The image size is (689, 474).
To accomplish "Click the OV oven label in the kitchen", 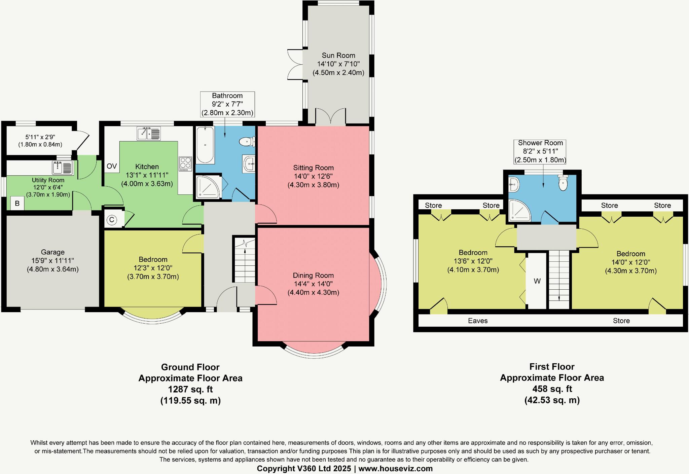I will pyautogui.click(x=112, y=166).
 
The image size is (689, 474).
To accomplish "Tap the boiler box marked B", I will pyautogui.click(x=17, y=204).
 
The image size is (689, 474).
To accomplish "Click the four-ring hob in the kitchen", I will pyautogui.click(x=185, y=164).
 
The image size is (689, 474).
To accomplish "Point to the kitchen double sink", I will pyautogui.click(x=149, y=133).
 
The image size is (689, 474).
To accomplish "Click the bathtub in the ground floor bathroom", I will pyautogui.click(x=205, y=145).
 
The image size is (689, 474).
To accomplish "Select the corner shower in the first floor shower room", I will pyautogui.click(x=518, y=211).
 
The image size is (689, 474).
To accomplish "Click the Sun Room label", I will pyautogui.click(x=338, y=56).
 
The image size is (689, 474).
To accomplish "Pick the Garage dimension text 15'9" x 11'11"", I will pyautogui.click(x=52, y=261).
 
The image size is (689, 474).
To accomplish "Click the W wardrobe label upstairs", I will pyautogui.click(x=537, y=281).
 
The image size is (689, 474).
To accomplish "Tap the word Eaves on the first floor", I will pyautogui.click(x=478, y=321).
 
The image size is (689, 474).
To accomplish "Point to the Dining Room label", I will pyautogui.click(x=313, y=276).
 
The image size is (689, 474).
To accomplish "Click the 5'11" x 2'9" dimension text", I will pyautogui.click(x=40, y=137).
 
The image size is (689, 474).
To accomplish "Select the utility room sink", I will pyautogui.click(x=63, y=167).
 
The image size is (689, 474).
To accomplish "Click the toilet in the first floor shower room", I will pyautogui.click(x=563, y=183).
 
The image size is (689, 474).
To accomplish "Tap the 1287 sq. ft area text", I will pyautogui.click(x=190, y=389).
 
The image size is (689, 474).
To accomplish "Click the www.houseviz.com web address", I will pyautogui.click(x=395, y=468).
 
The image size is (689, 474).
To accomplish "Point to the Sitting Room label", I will pyautogui.click(x=313, y=168).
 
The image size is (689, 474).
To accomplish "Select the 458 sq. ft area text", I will pyautogui.click(x=552, y=389).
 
